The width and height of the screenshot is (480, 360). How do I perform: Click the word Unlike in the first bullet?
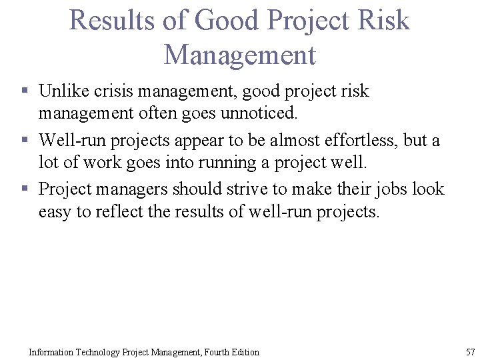[63, 91]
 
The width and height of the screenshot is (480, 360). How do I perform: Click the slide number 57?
[470, 351]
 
